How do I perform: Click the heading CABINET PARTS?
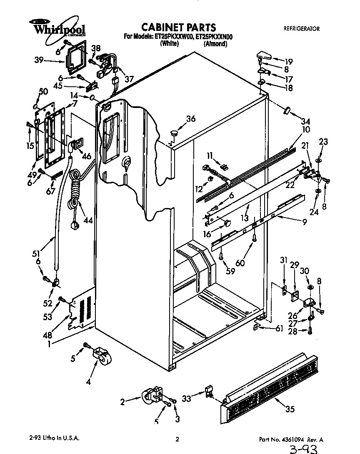(x=179, y=28)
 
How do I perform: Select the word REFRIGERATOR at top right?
(x=301, y=29)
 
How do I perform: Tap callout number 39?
(x=39, y=60)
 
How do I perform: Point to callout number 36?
(x=190, y=119)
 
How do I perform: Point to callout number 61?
(x=279, y=329)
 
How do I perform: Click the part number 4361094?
(x=291, y=439)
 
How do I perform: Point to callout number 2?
(x=122, y=402)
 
